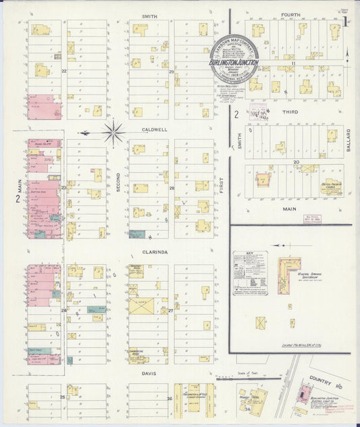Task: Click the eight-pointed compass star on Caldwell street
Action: tap(113, 132)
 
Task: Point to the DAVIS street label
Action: tap(149, 372)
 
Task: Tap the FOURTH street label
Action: tap(290, 14)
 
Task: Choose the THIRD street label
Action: tap(290, 111)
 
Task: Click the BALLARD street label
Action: tap(349, 139)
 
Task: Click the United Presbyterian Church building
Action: tap(331, 186)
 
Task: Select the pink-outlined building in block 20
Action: tap(263, 180)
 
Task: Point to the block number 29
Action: tap(172, 72)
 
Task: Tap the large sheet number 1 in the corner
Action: tap(345, 21)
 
